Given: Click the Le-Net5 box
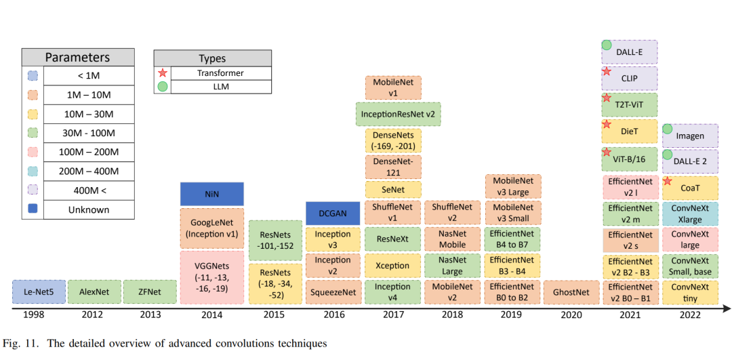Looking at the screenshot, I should [x=39, y=292].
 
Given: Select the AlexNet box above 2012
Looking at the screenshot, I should [x=94, y=292].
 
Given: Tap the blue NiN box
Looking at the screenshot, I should [x=212, y=194].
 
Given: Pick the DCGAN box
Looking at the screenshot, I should [x=333, y=213].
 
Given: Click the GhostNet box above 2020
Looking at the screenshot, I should [x=571, y=292].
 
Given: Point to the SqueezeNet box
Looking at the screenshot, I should [x=333, y=292].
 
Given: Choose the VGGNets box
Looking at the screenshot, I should [x=212, y=277].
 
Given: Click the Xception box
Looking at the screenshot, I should [x=393, y=265].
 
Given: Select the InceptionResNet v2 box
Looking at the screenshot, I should [x=397, y=114].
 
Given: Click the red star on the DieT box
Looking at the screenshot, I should [x=607, y=125].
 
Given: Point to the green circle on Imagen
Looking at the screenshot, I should [x=667, y=129].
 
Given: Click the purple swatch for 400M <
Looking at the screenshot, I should [x=33, y=191].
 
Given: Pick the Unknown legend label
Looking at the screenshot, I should [x=89, y=209].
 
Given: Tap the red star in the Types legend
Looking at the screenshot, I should [x=162, y=73].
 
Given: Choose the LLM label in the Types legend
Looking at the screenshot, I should [x=221, y=86].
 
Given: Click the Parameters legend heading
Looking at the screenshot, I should [x=77, y=58].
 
